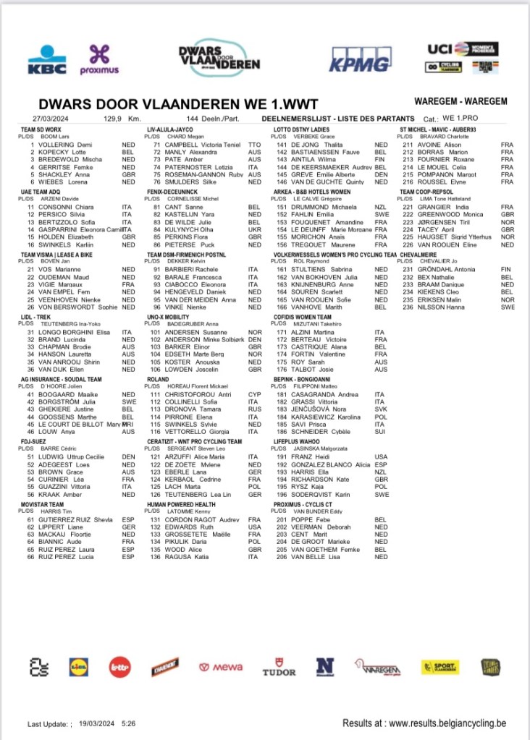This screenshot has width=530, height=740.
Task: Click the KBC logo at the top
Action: (x=47, y=60)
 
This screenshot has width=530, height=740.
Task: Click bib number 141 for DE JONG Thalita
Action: (x=282, y=145)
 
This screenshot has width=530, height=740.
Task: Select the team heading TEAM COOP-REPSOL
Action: (x=427, y=192)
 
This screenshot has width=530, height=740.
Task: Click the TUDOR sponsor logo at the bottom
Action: (x=279, y=667)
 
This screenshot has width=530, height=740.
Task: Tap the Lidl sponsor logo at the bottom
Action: (x=77, y=667)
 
